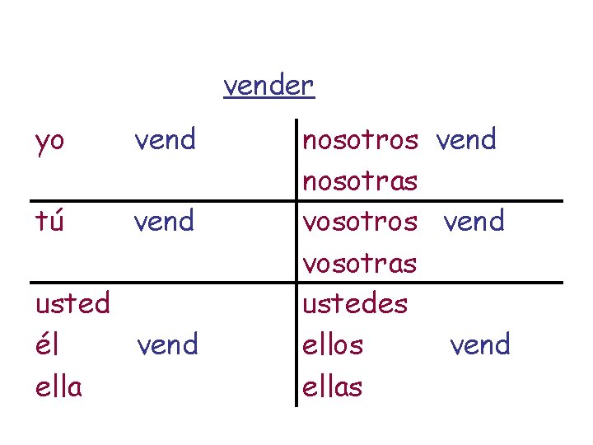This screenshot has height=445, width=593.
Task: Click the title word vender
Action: coord(268,85)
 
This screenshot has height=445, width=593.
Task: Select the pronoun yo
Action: coord(49,142)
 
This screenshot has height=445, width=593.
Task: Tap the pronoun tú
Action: coord(49,221)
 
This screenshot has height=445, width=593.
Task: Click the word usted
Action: coord(72,303)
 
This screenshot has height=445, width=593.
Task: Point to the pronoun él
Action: coord(48,344)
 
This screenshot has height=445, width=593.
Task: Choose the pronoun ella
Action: coord(58,385)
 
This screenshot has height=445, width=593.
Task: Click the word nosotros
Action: coord(361,140)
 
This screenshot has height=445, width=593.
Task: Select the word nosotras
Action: coord(361,180)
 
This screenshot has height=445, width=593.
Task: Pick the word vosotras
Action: coord(360,263)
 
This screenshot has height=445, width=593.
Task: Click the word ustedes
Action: coord(355,303)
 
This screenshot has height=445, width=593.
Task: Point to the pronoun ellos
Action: coord(333,344)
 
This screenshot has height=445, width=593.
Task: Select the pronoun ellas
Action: coord(333,385)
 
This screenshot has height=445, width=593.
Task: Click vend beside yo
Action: coord(166,140)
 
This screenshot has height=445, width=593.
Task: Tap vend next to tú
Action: coord(166,221)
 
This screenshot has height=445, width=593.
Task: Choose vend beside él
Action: coord(168,344)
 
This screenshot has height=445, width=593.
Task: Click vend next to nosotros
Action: coord(466,140)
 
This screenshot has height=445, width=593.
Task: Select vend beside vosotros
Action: coord(474,221)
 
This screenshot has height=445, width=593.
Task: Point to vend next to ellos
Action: coord(480,344)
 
